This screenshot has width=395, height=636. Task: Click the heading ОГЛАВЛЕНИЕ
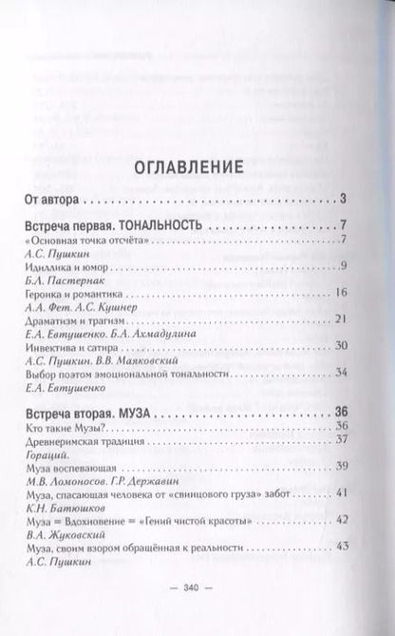tap(197, 166)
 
